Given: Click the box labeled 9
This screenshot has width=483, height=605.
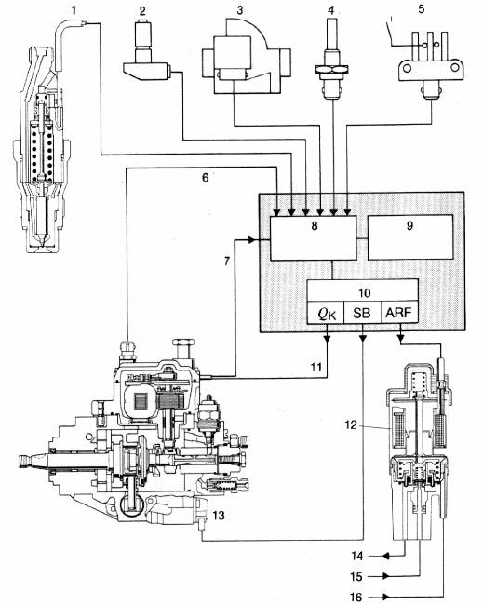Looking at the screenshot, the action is coord(410,237).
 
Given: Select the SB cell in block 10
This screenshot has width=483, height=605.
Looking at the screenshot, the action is coord(362,312).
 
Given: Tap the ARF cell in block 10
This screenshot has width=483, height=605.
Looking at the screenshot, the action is coord(399,312).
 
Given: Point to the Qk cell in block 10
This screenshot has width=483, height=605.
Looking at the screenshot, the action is coord(325,312).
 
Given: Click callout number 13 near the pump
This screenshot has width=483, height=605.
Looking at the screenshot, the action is coord(219,516).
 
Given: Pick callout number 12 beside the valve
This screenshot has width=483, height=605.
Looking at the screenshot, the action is coord(351,425).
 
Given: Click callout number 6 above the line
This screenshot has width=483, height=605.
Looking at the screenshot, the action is coord(206,178).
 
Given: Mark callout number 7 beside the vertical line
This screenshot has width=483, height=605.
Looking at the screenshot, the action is coord(227,262).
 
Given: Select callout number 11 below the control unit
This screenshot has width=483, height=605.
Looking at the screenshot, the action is coord(316,367).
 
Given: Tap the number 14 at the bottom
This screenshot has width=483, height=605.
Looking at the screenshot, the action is coord(357,556).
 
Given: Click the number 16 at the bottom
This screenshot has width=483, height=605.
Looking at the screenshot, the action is coord(356,598).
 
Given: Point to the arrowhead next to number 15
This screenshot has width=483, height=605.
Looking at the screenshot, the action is coord(385,576).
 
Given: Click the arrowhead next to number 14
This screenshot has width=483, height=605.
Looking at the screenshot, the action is coord(385,556).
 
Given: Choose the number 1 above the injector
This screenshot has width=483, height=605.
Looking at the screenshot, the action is coord(74,10).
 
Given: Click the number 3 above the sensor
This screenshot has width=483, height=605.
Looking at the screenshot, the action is coord(239,10).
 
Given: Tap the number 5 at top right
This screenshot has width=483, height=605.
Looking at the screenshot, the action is coord(422,8).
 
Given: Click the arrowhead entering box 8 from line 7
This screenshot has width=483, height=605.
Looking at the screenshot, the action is coord(251,240).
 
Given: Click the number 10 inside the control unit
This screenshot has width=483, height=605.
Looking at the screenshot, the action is coord(364,293).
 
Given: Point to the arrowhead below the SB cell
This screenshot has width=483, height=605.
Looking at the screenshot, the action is coord(363,338).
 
